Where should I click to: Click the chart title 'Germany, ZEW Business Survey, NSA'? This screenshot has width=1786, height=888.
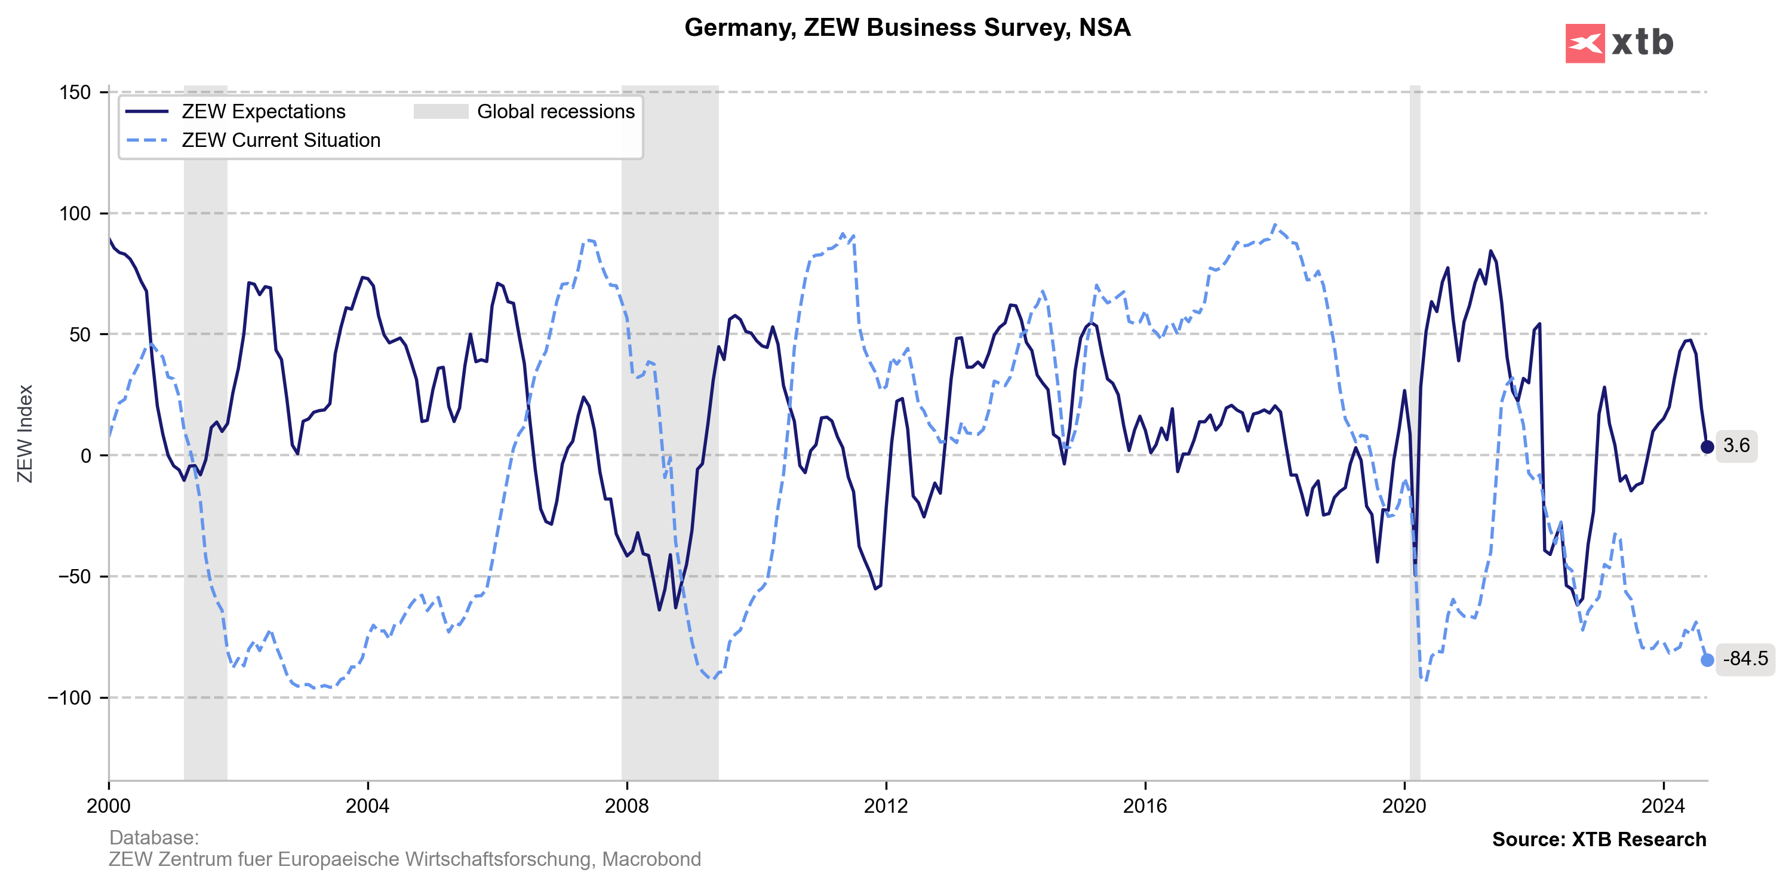[907, 27]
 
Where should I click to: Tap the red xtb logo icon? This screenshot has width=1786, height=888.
[1584, 44]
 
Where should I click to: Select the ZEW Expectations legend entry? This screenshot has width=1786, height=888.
[263, 112]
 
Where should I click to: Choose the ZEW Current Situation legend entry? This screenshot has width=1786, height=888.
[280, 140]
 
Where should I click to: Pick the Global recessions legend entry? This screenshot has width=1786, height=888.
[555, 112]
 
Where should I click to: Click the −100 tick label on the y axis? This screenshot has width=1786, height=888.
[69, 698]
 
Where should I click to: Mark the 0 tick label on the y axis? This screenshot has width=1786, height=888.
[86, 456]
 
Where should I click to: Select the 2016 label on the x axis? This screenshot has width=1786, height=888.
[1145, 806]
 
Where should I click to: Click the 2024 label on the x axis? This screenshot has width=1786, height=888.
[1662, 806]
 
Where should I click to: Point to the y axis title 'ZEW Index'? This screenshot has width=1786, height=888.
[25, 434]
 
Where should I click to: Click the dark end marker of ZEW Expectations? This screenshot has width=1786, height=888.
[1707, 447]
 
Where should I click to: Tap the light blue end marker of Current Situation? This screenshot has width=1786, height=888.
[1707, 660]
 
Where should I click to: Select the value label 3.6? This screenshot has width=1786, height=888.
[1736, 445]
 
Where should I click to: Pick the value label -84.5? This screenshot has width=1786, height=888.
[1745, 659]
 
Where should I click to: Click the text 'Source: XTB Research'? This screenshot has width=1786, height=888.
[1599, 840]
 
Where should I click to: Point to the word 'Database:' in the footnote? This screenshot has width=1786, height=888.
[154, 837]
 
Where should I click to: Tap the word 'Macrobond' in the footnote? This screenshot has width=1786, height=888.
[651, 859]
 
